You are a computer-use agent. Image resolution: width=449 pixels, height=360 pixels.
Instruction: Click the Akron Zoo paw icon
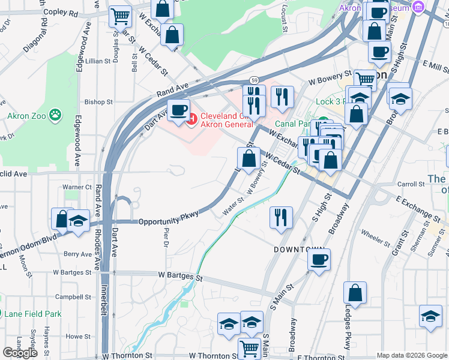(55, 113)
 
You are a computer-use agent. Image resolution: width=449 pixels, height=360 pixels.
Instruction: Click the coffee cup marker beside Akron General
(178, 110)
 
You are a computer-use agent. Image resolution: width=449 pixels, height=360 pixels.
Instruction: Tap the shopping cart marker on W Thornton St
(249, 347)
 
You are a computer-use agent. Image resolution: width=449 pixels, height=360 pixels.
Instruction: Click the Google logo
(20, 353)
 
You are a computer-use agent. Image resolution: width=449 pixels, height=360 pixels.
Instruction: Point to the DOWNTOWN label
(299, 249)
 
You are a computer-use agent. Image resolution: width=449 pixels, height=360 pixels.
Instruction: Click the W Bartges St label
(181, 276)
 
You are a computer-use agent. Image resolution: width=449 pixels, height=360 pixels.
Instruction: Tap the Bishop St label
(98, 103)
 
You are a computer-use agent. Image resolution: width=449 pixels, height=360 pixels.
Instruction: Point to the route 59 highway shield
(254, 80)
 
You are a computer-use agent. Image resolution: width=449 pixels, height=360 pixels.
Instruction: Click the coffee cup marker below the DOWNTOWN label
(319, 260)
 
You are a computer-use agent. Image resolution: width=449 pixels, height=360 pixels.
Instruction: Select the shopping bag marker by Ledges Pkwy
(355, 293)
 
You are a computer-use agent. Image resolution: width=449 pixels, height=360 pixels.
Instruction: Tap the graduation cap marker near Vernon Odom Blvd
(79, 221)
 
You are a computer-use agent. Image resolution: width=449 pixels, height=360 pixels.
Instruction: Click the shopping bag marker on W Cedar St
(249, 159)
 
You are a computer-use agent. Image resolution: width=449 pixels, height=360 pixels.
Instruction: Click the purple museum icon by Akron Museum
(418, 7)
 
